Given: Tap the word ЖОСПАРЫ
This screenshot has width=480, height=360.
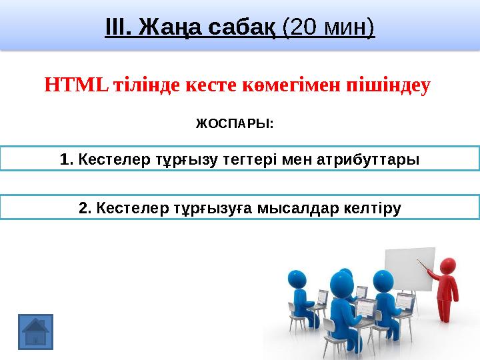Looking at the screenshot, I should [234, 124].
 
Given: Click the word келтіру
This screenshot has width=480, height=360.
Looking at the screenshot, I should [372, 209].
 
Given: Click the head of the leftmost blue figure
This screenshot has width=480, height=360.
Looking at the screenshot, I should [297, 282].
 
